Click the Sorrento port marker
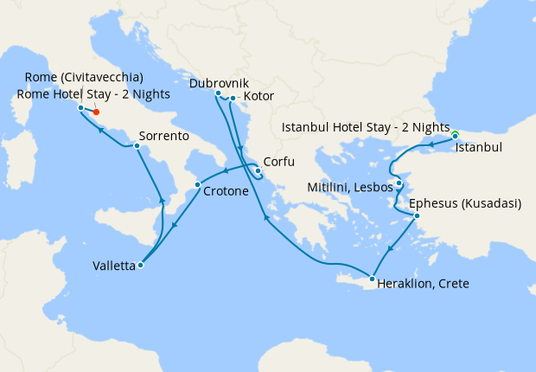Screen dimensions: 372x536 (137, 146)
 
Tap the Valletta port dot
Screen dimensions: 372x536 (140, 266)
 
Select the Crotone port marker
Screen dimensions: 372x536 (198, 185)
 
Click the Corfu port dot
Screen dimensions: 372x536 (258, 170)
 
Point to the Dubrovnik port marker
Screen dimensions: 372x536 (218, 93)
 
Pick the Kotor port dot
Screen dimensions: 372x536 (233, 99)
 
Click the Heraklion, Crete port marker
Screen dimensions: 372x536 (372, 279)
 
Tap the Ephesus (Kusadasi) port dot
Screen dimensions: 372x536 (416, 215)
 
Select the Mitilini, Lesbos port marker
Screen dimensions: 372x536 (399, 183)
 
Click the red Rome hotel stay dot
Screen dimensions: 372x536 (96, 112)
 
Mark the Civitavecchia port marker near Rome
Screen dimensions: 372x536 (80, 108)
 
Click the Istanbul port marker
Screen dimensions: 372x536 (455, 136)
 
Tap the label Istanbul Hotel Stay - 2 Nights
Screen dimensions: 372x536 (367, 128)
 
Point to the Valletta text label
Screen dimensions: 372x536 (113, 266)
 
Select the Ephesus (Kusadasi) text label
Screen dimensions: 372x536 (470, 204)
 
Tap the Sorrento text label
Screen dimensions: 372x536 (165, 137)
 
